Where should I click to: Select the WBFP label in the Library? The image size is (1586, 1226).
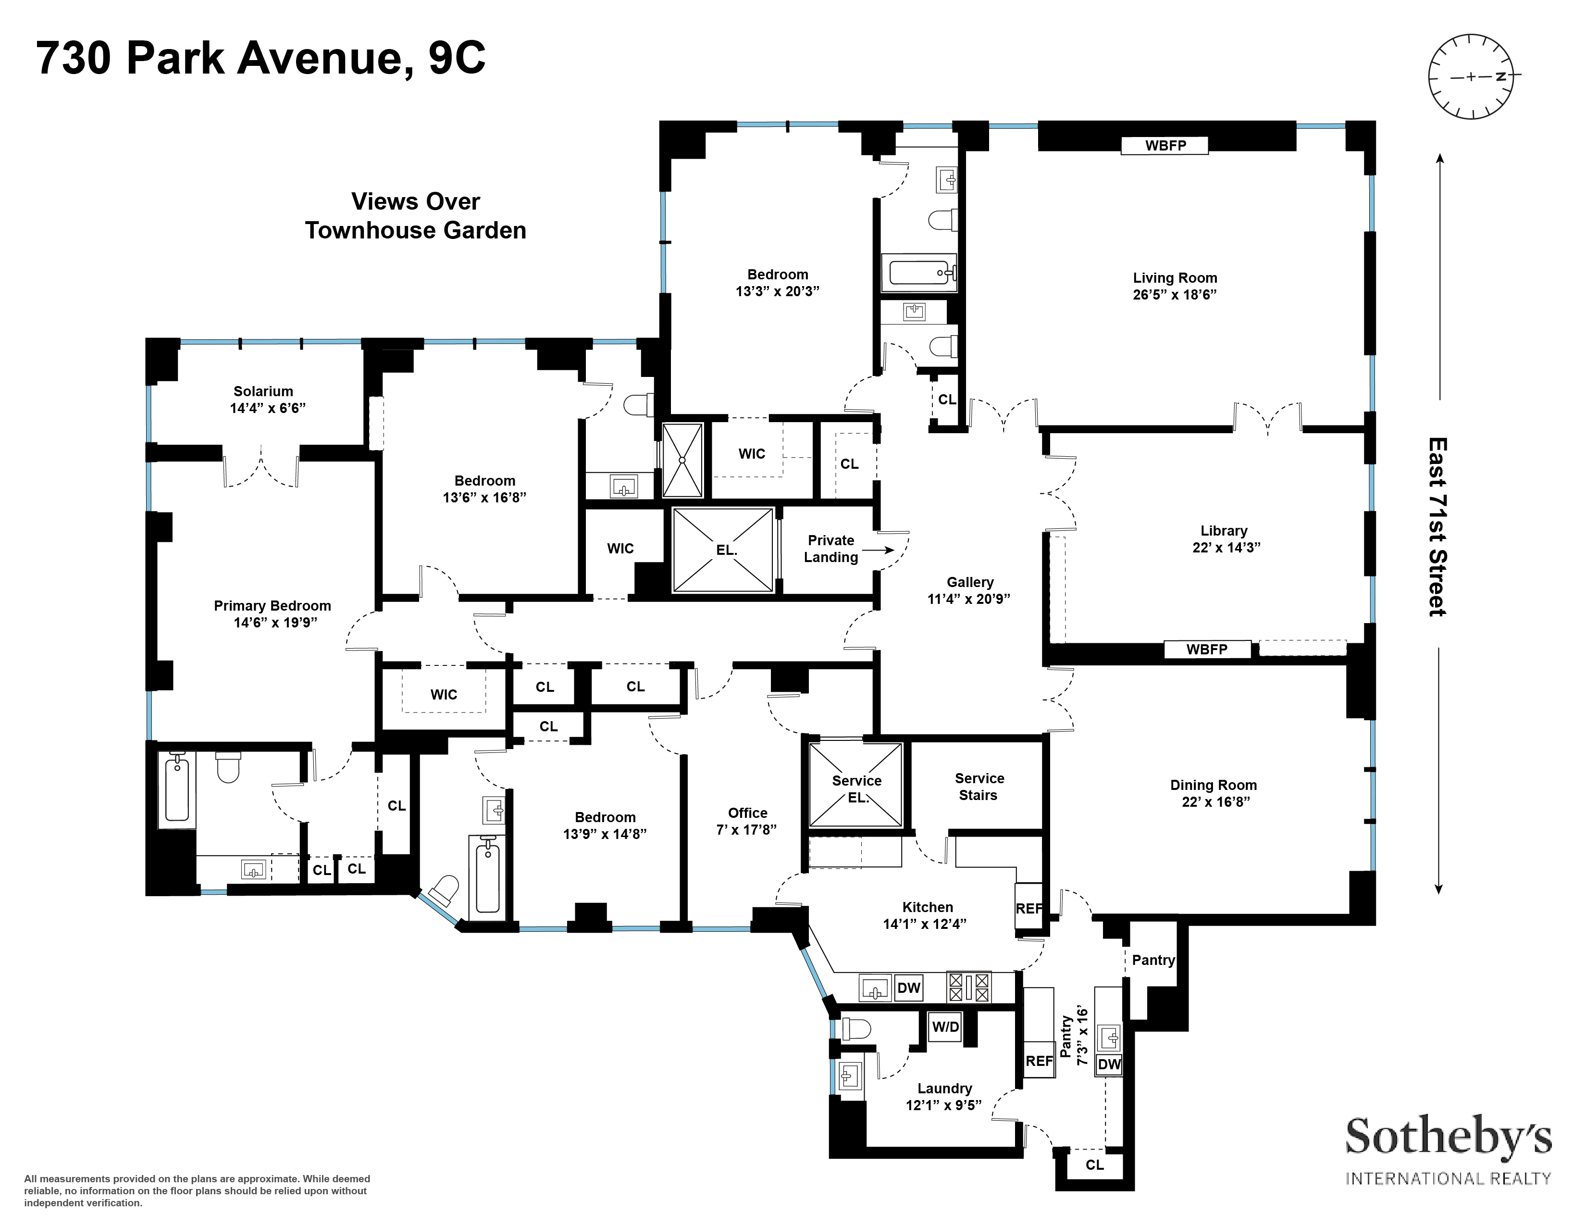[x=1207, y=650]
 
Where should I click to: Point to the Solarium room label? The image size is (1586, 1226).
[x=263, y=391]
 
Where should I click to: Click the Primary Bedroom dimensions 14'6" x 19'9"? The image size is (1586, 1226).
[x=275, y=623]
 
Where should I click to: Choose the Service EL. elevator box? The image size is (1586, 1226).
[x=856, y=785]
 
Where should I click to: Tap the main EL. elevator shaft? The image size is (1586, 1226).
[x=723, y=550]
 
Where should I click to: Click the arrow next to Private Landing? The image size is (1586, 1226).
[x=879, y=550]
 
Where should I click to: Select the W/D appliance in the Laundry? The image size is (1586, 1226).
[x=945, y=1027]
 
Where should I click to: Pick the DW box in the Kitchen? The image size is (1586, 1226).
[x=908, y=988]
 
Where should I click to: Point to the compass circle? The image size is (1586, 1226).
[x=1472, y=76]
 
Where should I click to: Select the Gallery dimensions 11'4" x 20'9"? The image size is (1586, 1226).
[x=969, y=599]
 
